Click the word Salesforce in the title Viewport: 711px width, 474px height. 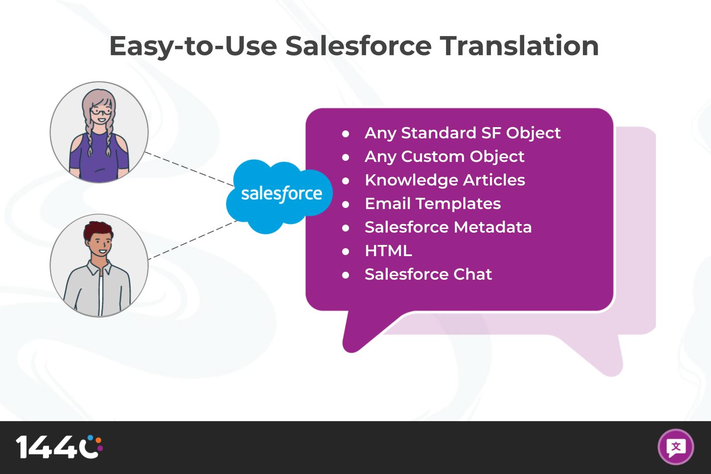358,46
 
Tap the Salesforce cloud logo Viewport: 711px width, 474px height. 279,196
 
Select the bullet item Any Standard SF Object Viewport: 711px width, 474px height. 462,133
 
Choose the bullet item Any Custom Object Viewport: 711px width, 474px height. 444,157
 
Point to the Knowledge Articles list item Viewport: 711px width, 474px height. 445,180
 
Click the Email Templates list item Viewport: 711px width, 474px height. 433,204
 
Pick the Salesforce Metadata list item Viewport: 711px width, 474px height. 448,227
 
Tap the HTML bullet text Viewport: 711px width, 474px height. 388,251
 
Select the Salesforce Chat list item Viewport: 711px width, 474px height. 428,274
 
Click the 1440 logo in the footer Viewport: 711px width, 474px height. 59,446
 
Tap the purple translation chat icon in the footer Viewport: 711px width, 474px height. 676,447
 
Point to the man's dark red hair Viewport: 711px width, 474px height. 97,230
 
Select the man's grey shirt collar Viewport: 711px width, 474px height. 99,268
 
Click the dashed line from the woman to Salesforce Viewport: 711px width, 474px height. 189,169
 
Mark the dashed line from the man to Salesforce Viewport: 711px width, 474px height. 193,240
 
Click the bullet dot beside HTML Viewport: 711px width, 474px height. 345,251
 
